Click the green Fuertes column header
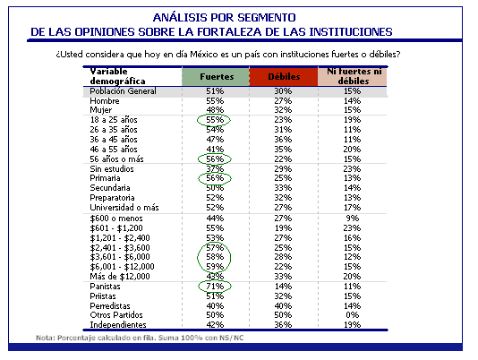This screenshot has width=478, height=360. tap(216, 77)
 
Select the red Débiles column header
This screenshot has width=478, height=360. tap(284, 77)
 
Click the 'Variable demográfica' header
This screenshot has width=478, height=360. tap(117, 76)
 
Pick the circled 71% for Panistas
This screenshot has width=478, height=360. tap(215, 287)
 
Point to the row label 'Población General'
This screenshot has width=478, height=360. tap(123, 91)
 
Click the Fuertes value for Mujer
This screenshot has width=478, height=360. tap(215, 110)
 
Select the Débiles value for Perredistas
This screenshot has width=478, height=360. tap(283, 305)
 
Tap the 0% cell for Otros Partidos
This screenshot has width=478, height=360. tap(352, 315)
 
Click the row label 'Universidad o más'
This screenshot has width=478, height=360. tap(124, 208)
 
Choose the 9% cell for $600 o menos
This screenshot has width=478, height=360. tap(352, 219)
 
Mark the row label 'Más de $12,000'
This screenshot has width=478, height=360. tap(120, 277)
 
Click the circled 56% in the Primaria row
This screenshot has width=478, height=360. tap(215, 178)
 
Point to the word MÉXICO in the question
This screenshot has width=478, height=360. tap(204, 55)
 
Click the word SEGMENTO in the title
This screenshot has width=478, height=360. tap(267, 17)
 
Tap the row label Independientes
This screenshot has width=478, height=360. tap(118, 324)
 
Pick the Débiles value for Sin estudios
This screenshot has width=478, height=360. tap(283, 168)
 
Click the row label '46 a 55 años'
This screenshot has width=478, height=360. tap(114, 150)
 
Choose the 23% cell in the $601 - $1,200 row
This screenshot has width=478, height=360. tap(352, 227)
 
